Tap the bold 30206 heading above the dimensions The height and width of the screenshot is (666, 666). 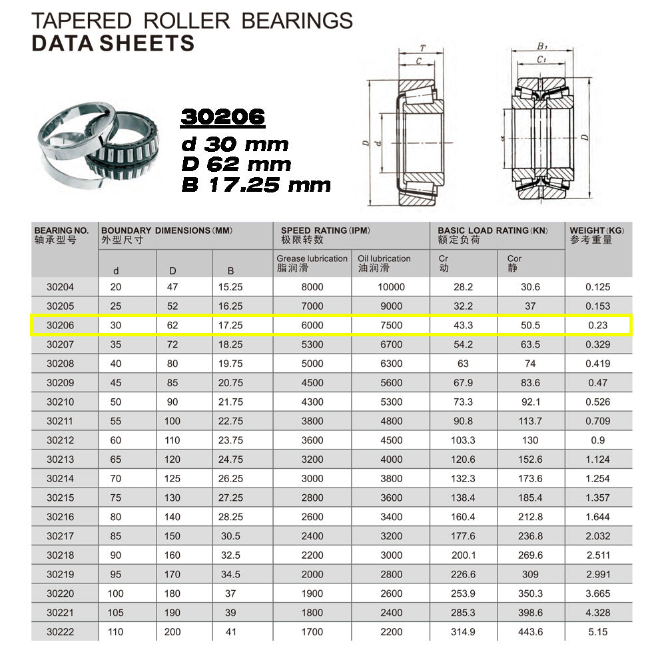[x=223, y=118]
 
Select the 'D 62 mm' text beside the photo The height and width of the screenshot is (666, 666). [x=236, y=163]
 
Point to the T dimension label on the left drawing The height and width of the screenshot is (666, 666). [x=422, y=48]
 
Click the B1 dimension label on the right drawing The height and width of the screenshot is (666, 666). [x=541, y=47]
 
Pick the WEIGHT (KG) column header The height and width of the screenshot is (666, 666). [x=597, y=230]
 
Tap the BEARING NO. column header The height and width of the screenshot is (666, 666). [x=61, y=230]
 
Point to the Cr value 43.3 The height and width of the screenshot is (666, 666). [x=463, y=326]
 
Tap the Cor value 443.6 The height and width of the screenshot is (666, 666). [x=530, y=632]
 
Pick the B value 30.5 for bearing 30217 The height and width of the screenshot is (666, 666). [x=230, y=536]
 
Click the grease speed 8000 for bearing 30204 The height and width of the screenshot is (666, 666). [x=312, y=287]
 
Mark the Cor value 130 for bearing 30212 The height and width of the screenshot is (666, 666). [x=530, y=440]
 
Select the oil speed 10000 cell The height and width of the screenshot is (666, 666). [x=390, y=287]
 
